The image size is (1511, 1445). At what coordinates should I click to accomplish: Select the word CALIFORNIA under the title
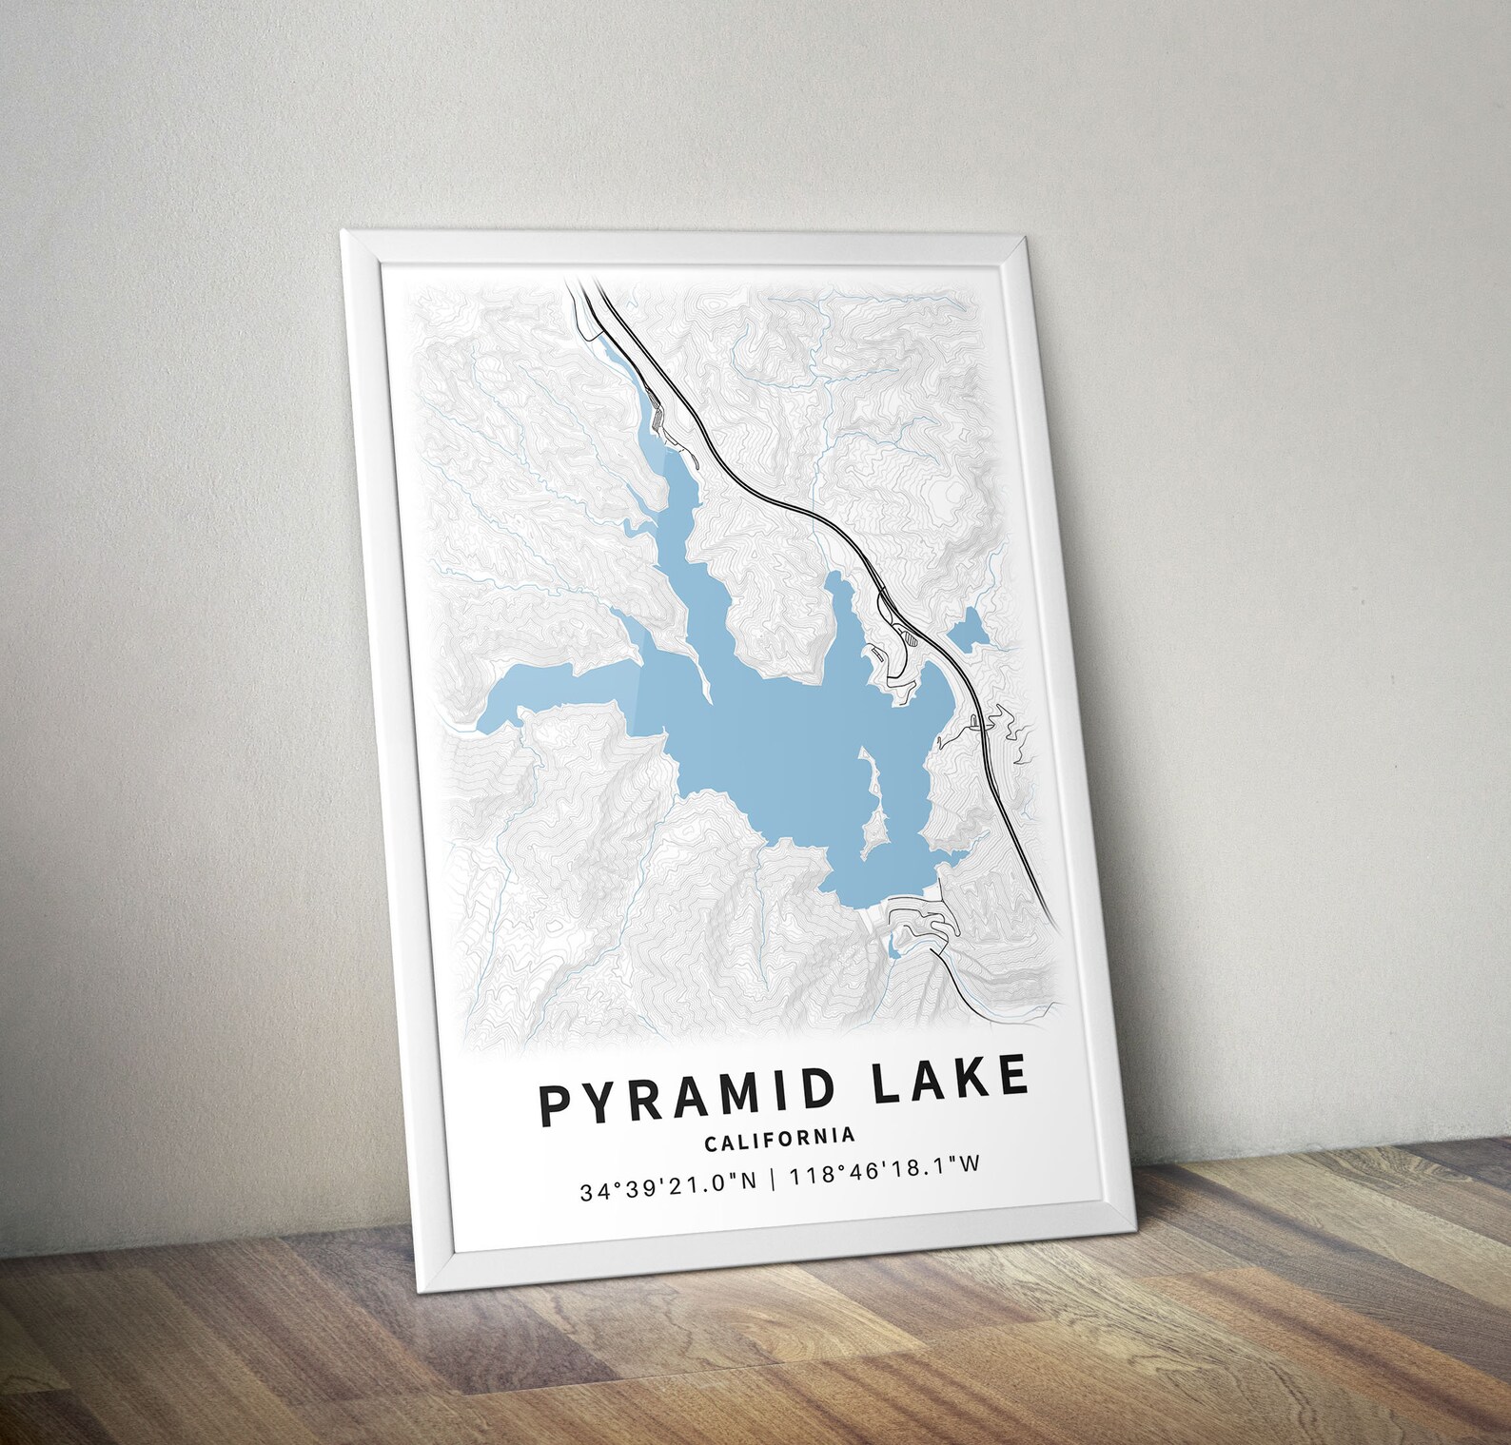779,1136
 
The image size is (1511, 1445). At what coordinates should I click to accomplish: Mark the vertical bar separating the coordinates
774,1180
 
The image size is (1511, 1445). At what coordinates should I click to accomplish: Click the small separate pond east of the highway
969,627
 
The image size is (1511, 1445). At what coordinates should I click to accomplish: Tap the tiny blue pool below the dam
892,947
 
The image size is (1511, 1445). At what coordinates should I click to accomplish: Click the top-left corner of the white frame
343,231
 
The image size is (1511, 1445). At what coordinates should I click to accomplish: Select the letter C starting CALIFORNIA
709,1139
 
